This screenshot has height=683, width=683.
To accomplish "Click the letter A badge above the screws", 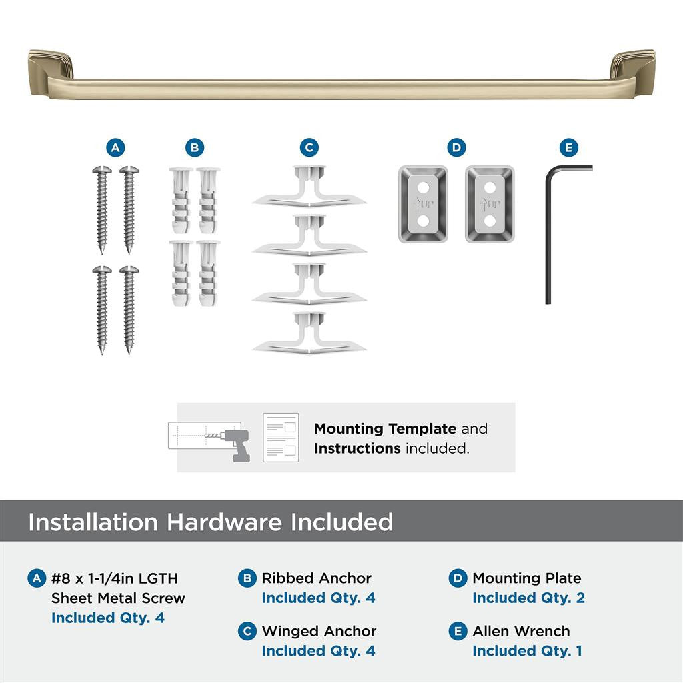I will (x=115, y=147).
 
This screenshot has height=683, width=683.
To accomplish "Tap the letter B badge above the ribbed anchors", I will (x=194, y=147).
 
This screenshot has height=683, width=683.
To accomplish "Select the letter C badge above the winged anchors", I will (x=309, y=147).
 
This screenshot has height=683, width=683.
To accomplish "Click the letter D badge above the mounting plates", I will (x=456, y=147).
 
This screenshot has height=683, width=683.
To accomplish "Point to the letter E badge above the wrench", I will (x=568, y=147).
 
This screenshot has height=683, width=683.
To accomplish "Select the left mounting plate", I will (x=423, y=204).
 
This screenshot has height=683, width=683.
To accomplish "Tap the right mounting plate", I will (x=490, y=204).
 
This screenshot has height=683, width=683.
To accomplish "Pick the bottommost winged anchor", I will (x=309, y=333).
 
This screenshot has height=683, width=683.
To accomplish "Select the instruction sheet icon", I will (x=281, y=437).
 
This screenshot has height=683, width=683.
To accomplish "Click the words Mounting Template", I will (x=385, y=428).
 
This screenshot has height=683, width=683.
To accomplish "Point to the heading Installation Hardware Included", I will (x=211, y=522).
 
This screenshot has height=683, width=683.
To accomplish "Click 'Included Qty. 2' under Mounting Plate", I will (x=528, y=598).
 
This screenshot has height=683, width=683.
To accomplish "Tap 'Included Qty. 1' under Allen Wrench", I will (x=527, y=650).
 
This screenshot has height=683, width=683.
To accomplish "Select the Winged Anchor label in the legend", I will (x=319, y=631).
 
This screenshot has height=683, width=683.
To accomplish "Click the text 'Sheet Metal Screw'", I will (x=118, y=598).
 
